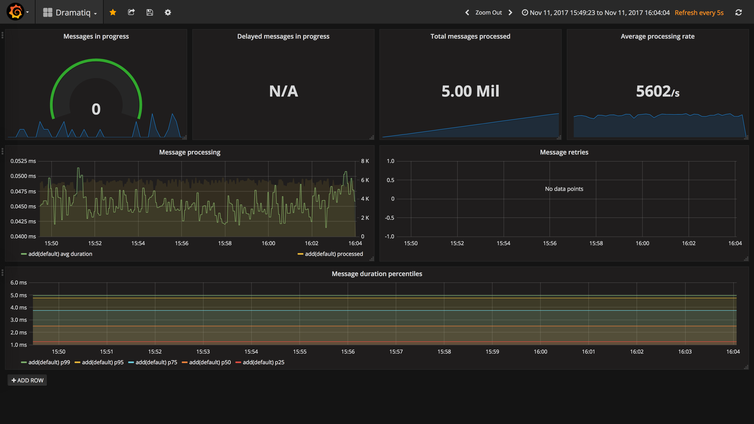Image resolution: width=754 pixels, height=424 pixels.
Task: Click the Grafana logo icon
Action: [15, 12]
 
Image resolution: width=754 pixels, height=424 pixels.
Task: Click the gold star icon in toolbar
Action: [113, 12]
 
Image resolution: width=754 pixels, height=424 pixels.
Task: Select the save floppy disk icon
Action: [150, 12]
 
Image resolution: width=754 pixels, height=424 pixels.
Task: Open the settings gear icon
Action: [168, 12]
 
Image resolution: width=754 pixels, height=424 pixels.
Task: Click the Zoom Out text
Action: [489, 12]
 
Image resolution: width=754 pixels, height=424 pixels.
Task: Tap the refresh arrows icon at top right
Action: [739, 12]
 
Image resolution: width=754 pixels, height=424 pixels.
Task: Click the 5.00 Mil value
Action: [470, 91]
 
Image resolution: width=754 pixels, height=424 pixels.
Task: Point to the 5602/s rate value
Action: [658, 91]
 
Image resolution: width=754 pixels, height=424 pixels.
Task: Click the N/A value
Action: [284, 91]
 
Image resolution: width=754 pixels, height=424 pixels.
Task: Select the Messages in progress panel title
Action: [96, 36]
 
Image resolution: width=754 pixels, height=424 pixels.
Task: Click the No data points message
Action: [564, 189]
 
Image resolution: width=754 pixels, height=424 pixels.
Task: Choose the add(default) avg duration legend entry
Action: [57, 254]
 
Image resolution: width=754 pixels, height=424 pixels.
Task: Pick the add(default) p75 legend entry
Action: [153, 362]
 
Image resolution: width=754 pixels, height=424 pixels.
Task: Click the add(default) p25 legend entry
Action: [260, 362]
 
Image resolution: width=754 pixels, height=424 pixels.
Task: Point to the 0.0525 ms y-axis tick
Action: [23, 161]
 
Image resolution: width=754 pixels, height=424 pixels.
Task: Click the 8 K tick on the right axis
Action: [365, 161]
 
